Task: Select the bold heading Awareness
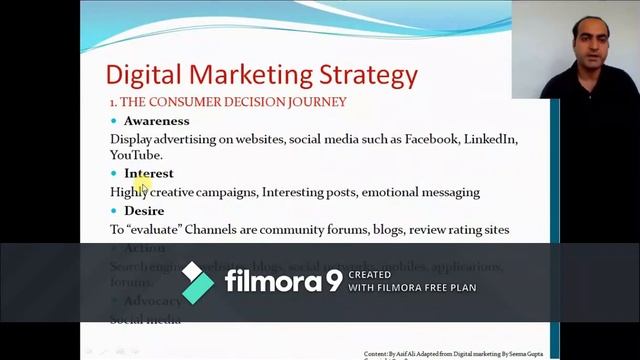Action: point(156,121)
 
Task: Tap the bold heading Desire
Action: point(145,211)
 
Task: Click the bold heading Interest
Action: point(149,173)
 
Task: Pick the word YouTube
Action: point(135,155)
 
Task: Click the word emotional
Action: point(394,192)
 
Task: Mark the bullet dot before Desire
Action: point(114,212)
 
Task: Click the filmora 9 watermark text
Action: point(283,282)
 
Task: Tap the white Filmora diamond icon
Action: point(197,283)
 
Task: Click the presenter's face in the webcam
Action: point(589,43)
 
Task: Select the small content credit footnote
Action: point(455,354)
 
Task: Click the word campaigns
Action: point(226,192)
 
